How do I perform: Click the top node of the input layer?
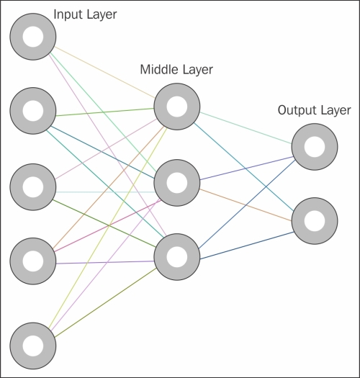pyautogui.click(x=33, y=37)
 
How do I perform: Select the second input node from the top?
pyautogui.click(x=33, y=111)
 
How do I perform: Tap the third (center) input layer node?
pyautogui.click(x=33, y=187)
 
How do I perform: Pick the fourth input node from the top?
pyautogui.click(x=33, y=261)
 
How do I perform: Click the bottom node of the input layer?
pyautogui.click(x=33, y=346)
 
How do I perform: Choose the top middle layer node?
pyautogui.click(x=177, y=107)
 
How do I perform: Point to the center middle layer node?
pyautogui.click(x=177, y=183)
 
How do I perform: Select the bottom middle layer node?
pyautogui.click(x=177, y=257)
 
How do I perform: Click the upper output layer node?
pyautogui.click(x=315, y=147)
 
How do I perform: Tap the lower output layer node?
pyautogui.click(x=315, y=221)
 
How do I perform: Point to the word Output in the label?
pyautogui.click(x=294, y=111)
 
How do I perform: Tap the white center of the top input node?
pyautogui.click(x=33, y=37)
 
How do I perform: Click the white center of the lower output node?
pyautogui.click(x=315, y=221)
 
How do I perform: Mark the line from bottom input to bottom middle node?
pyautogui.click(x=105, y=302)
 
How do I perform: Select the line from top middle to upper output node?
pyautogui.click(x=246, y=128)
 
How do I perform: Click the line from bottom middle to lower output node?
pyautogui.click(x=247, y=246)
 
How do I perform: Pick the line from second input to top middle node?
pyautogui.click(x=105, y=112)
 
